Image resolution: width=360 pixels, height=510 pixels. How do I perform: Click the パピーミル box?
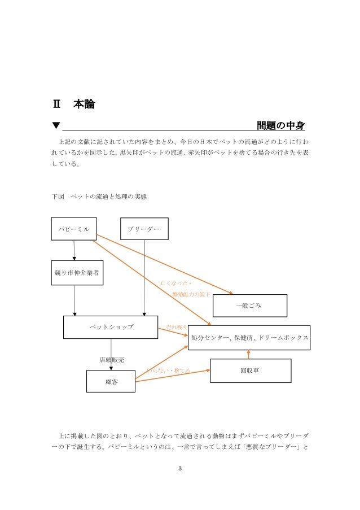(74, 229)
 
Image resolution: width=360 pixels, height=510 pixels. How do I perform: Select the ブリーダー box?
(144, 229)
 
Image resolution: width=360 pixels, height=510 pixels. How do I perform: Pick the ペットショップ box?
(111, 327)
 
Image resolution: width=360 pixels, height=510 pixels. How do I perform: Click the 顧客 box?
(111, 381)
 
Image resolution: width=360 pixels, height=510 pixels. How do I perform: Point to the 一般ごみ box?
(249, 306)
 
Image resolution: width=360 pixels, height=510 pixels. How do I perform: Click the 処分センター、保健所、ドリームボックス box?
(249, 338)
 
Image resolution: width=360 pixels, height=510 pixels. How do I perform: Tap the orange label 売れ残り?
(177, 328)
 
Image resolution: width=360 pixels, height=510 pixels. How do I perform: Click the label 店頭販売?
(112, 359)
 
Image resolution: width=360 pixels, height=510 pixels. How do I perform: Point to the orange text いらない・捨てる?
(168, 371)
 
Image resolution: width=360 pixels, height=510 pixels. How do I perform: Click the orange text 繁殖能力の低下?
(191, 295)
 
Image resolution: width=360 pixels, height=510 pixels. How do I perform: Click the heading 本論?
(84, 104)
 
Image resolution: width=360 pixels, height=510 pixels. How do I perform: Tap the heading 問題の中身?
(281, 124)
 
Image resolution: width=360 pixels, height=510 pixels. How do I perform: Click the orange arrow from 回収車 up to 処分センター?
(248, 354)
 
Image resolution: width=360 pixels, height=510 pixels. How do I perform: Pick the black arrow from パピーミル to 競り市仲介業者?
(74, 250)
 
